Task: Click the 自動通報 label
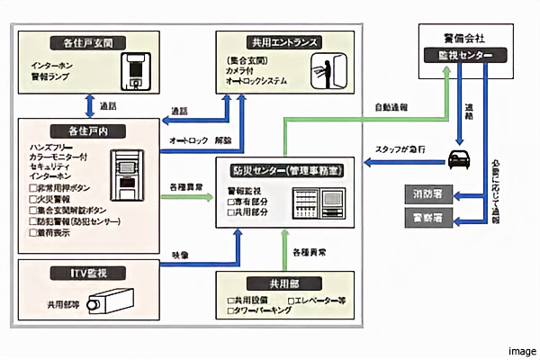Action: [390, 107]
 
